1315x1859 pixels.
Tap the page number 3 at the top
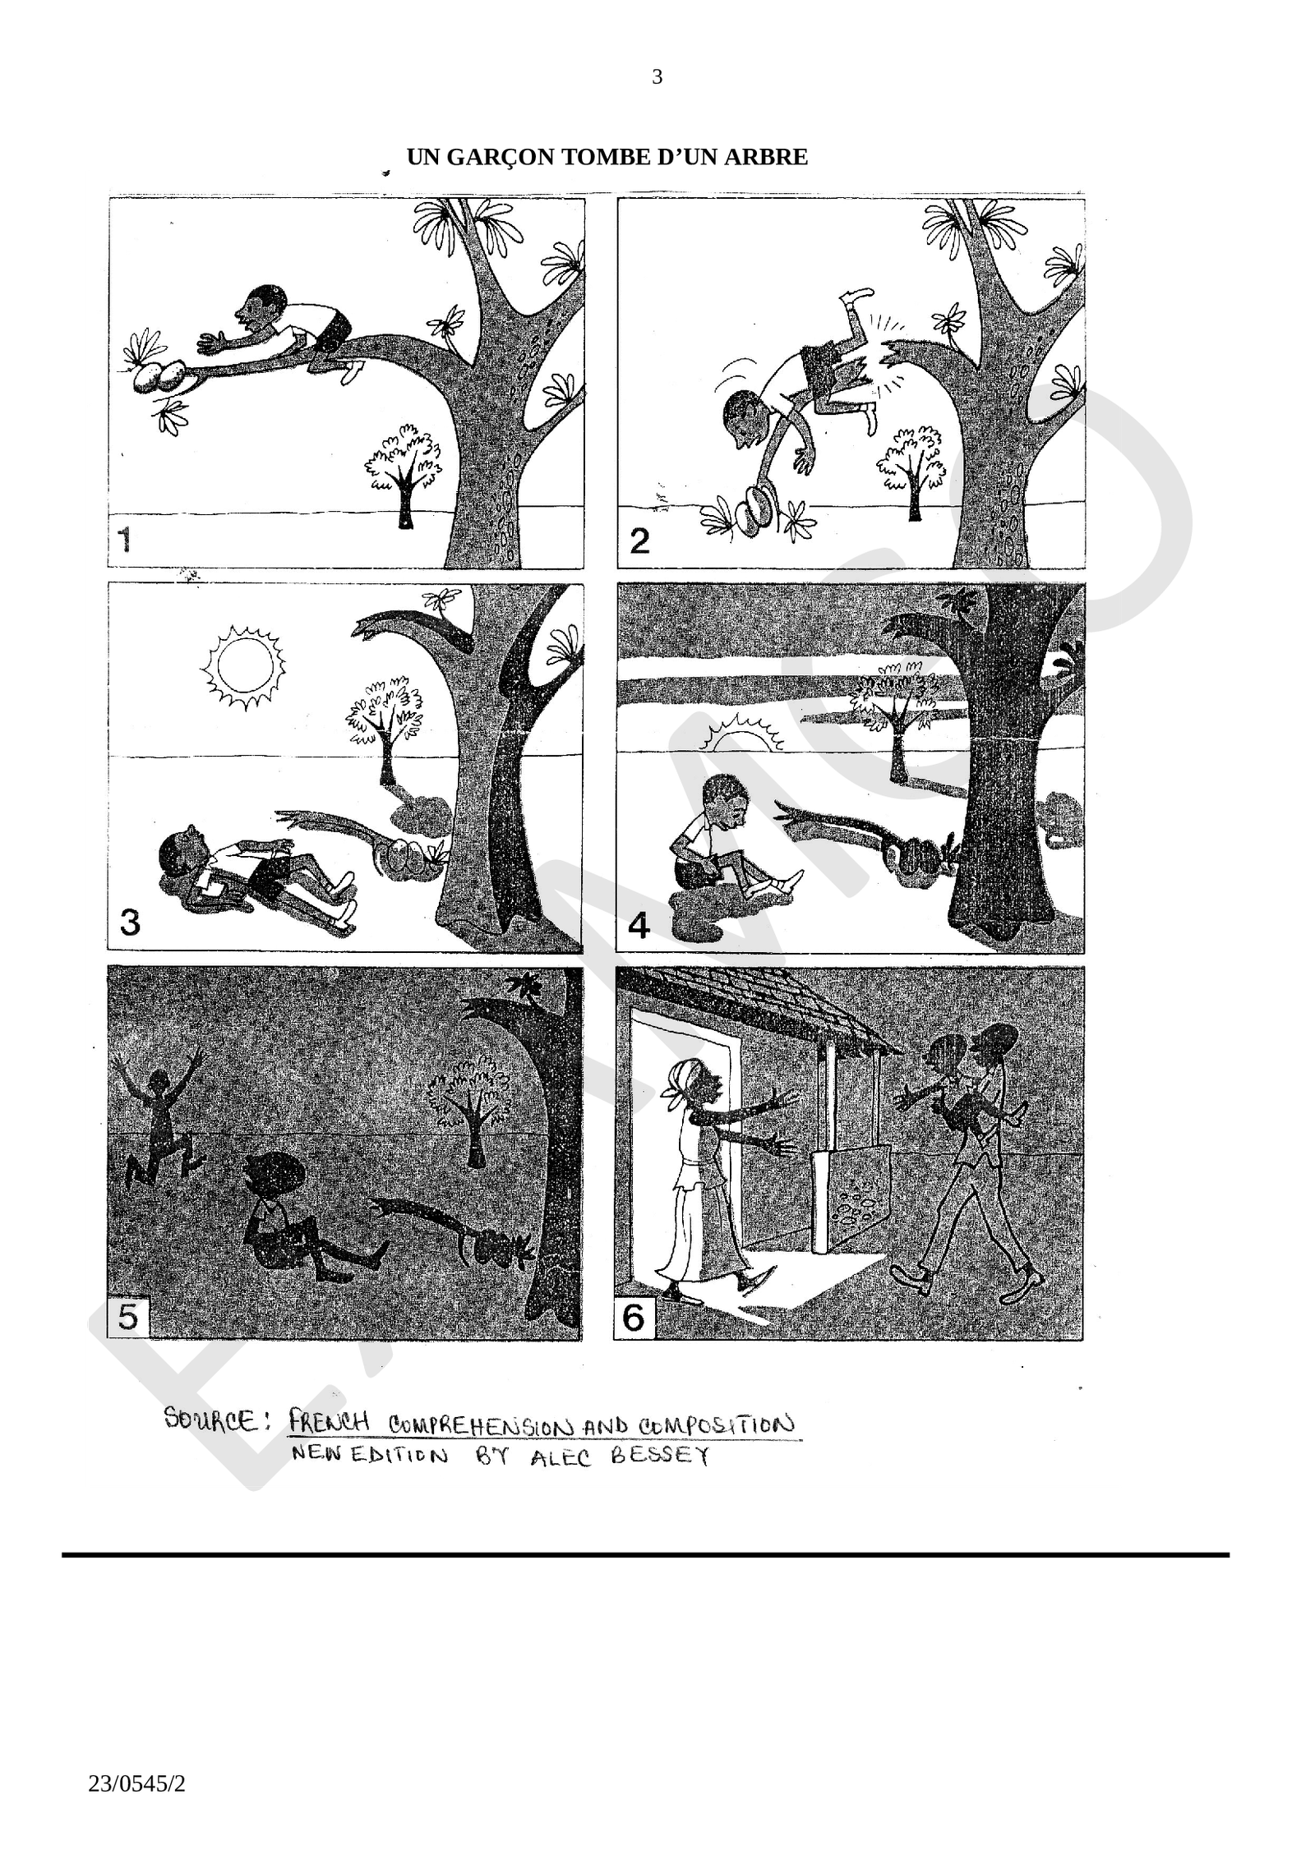(x=657, y=77)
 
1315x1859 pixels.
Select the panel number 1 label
(x=125, y=541)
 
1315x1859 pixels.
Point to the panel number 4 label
(x=639, y=926)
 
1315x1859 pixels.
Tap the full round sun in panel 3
(x=243, y=667)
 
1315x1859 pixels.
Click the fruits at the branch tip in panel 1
(x=161, y=376)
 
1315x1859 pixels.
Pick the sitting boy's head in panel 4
(x=727, y=799)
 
